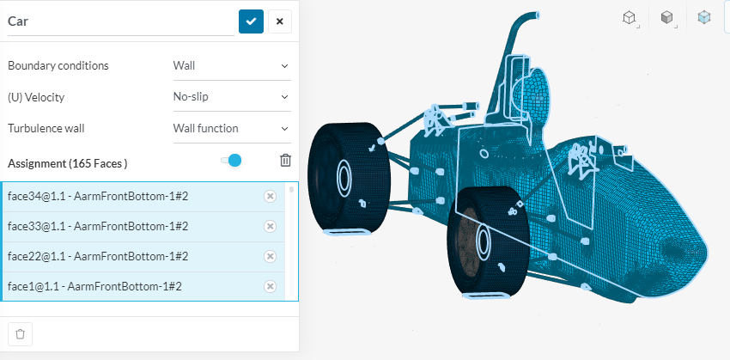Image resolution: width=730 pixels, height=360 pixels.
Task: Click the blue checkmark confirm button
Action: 251,21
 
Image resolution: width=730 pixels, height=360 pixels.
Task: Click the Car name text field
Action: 120,21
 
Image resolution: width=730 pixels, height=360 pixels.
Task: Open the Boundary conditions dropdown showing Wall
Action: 231,65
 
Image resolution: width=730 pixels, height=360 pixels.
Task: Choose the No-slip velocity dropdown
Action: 231,97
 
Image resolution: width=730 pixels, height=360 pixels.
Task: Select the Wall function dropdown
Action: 231,128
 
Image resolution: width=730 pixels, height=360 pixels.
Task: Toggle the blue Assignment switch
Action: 231,160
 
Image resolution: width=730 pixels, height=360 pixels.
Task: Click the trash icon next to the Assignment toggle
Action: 285,160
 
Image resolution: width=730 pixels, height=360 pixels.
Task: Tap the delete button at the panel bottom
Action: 21,334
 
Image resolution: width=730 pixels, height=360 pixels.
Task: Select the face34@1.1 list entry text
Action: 98,196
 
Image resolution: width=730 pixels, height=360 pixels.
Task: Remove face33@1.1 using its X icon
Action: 270,226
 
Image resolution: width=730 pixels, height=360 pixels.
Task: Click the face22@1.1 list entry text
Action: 98,256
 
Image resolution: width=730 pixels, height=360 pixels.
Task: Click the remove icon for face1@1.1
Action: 270,286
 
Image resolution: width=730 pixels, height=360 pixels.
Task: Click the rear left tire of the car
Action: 348,178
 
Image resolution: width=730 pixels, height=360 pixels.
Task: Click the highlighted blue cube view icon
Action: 704,17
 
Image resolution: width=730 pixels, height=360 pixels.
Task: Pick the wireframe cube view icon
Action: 630,17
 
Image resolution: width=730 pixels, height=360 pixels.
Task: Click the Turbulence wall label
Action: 46,128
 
